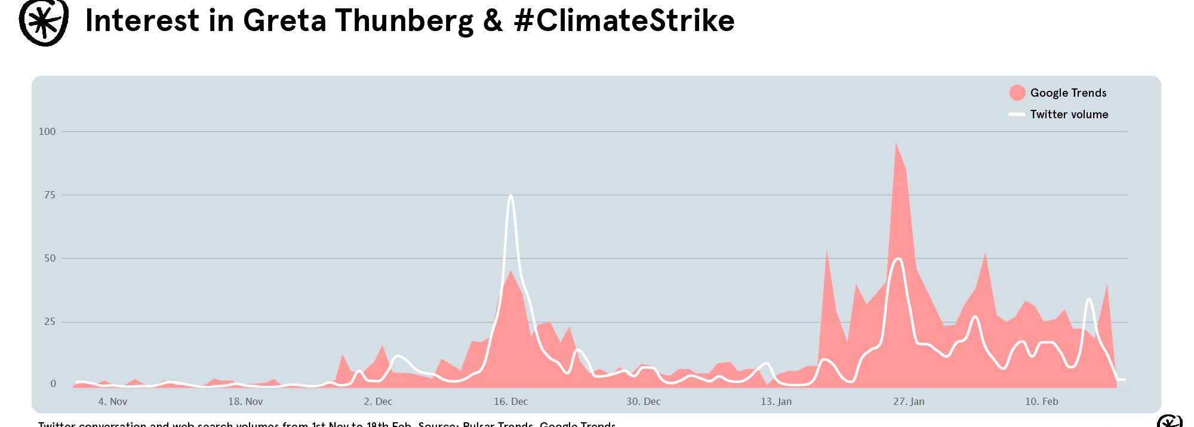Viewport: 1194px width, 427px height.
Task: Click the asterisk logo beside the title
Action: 43,22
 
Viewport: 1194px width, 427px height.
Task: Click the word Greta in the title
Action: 284,20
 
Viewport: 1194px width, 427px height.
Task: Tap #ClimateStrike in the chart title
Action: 624,20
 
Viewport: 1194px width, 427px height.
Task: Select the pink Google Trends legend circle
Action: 1017,93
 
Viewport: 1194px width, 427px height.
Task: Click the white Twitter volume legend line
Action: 1017,114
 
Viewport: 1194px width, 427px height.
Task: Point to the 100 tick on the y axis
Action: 47,131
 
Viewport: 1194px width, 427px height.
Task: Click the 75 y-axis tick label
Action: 50,195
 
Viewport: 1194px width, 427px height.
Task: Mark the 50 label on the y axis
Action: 50,258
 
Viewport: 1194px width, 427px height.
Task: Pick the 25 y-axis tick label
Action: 50,321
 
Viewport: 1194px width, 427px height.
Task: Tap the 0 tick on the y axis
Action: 53,383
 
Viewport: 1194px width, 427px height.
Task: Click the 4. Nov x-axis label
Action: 113,401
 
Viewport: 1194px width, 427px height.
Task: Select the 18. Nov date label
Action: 245,401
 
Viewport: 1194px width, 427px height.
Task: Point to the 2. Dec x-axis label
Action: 378,401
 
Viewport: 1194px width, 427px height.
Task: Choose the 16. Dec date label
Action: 510,401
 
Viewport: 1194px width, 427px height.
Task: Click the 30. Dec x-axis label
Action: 643,401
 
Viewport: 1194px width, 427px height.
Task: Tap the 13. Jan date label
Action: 776,401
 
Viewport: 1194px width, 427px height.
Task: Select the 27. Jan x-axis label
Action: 909,401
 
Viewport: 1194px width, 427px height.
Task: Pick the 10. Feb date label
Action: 1041,401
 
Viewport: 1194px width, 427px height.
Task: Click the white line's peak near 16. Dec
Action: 510,196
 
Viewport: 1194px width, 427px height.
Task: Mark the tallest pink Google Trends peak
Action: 896,143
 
